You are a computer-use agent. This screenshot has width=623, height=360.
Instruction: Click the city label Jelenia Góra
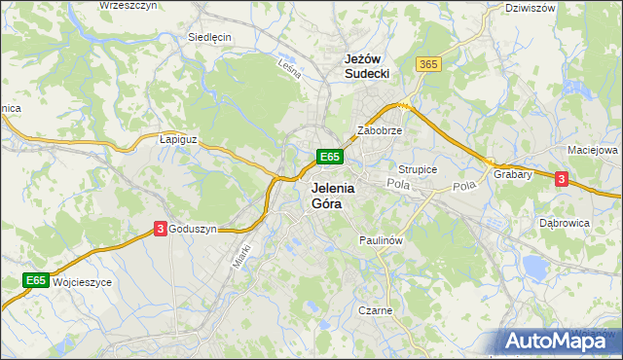(332, 196)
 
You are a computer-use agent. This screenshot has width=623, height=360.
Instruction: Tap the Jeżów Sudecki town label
(367, 65)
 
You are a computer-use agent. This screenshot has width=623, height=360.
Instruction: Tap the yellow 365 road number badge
(427, 63)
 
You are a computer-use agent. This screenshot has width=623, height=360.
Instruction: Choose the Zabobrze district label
(380, 129)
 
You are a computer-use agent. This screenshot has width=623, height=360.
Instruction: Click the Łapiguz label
(178, 140)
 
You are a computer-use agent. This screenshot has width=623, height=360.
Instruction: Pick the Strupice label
(418, 169)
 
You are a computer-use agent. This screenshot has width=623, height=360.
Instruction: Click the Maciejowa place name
(593, 151)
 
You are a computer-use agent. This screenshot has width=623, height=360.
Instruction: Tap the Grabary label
(512, 175)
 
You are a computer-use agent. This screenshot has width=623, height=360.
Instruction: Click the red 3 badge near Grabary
(561, 178)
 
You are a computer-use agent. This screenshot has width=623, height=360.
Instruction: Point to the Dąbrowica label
(565, 222)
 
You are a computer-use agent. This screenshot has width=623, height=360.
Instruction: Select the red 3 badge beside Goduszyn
(160, 229)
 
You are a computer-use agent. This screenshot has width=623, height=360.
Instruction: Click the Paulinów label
(381, 238)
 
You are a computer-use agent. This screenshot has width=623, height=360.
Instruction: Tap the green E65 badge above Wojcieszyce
(36, 280)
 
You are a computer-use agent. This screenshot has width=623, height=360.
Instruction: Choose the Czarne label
(375, 310)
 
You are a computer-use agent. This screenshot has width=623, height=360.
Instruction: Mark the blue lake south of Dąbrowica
(535, 265)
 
